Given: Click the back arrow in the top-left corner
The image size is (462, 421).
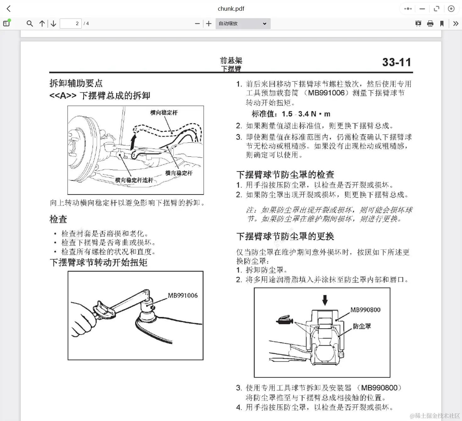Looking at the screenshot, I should [9, 9].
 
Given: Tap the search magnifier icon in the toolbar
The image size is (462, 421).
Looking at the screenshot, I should [30, 24].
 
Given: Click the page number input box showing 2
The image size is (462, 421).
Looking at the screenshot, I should [71, 24].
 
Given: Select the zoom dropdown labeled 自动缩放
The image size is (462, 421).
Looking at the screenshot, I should [243, 24].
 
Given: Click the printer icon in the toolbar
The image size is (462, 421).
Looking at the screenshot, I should [430, 24].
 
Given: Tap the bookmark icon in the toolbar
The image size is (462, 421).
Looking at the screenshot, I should [442, 24].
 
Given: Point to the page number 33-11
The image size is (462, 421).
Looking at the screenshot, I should [396, 62].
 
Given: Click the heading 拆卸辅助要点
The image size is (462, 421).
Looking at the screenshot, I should [76, 83].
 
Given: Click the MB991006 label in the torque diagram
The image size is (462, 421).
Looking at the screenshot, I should [183, 295].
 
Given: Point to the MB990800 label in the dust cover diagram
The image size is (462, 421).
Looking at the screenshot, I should [365, 310].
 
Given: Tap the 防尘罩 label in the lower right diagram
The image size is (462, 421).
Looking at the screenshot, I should [362, 326].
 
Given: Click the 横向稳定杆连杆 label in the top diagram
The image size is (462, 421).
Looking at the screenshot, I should [134, 180].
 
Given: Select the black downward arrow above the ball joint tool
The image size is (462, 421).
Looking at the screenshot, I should [325, 300].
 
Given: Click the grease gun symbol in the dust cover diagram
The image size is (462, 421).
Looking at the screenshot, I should [285, 320].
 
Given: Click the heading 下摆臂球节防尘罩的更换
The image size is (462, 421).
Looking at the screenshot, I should [285, 236].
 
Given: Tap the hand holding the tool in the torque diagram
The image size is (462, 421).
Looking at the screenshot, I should [82, 320].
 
